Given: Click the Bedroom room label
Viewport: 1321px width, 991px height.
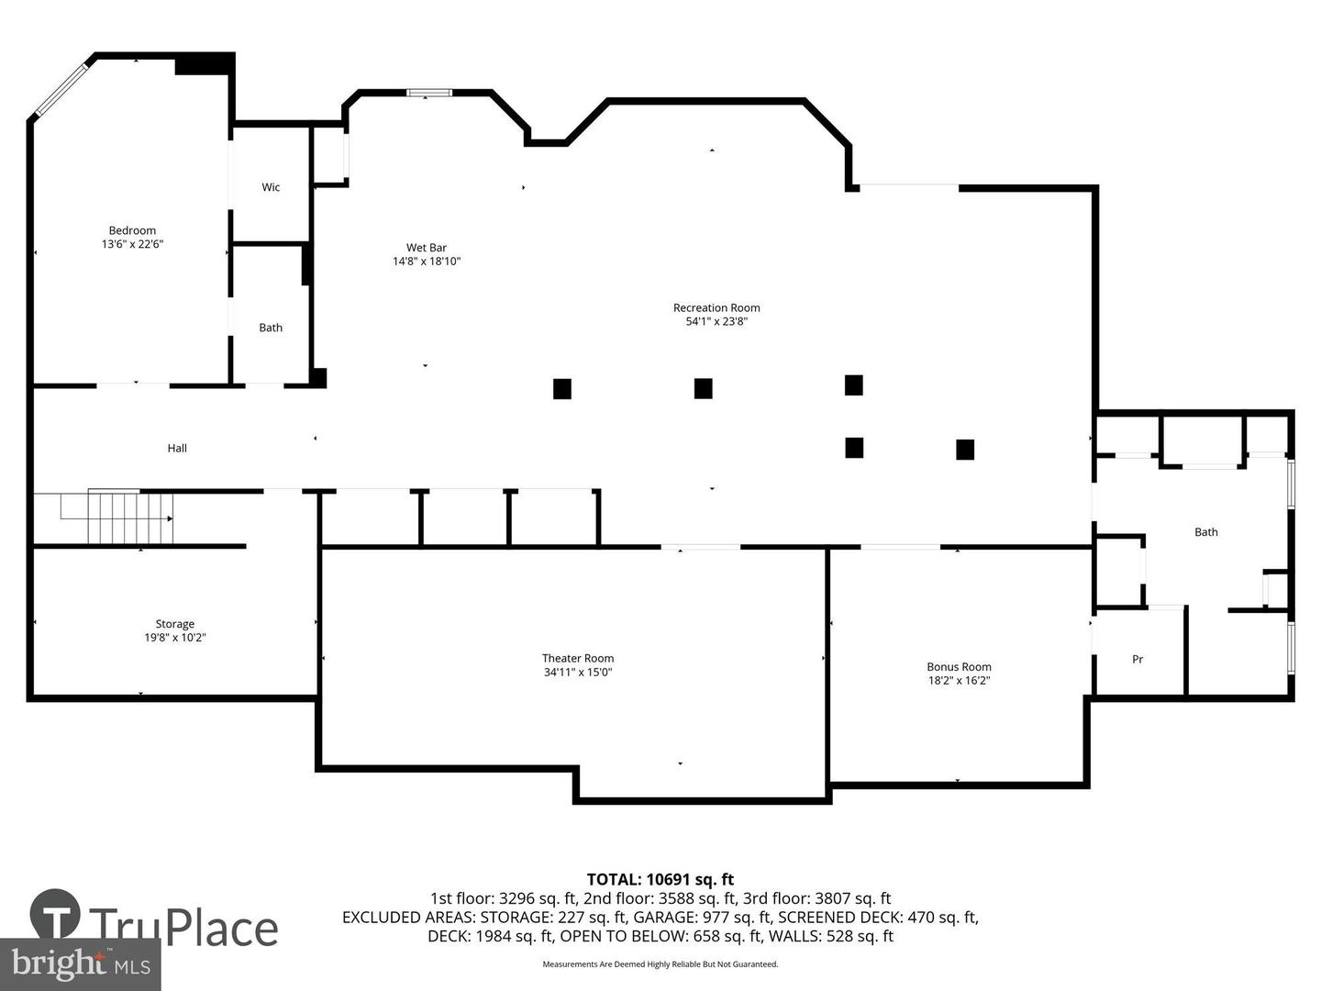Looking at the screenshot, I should click(132, 230).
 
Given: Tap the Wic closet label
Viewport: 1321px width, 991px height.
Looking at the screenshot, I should click(271, 187).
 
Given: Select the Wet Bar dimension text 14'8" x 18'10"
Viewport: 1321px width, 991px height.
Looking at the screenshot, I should click(427, 262).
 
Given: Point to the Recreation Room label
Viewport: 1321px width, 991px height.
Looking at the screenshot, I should click(716, 307).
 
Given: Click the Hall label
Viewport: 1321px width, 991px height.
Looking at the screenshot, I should click(177, 448).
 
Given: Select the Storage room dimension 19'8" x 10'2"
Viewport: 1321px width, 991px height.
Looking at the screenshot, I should click(174, 638).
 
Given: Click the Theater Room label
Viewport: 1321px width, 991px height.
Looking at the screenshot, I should click(578, 658).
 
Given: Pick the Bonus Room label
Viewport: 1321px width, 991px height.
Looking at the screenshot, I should click(959, 667).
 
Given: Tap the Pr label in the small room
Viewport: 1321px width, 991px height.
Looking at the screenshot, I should click(1138, 659).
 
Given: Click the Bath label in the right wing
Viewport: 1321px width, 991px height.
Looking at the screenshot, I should click(1205, 532).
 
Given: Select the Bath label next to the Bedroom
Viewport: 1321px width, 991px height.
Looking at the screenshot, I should click(271, 328).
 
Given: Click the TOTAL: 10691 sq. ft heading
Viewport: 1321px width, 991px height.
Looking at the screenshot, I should click(660, 880).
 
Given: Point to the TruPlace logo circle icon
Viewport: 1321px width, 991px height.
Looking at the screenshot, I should click(55, 914).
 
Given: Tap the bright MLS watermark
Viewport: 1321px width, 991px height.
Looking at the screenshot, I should click(81, 963).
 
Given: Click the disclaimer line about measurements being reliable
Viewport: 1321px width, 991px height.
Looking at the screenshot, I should click(660, 964).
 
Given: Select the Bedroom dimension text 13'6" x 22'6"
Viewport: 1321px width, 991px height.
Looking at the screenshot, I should click(132, 244).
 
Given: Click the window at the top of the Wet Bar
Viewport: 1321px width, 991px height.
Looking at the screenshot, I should click(429, 93).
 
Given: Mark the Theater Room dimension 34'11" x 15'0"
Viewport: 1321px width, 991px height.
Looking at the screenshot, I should click(578, 672).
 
